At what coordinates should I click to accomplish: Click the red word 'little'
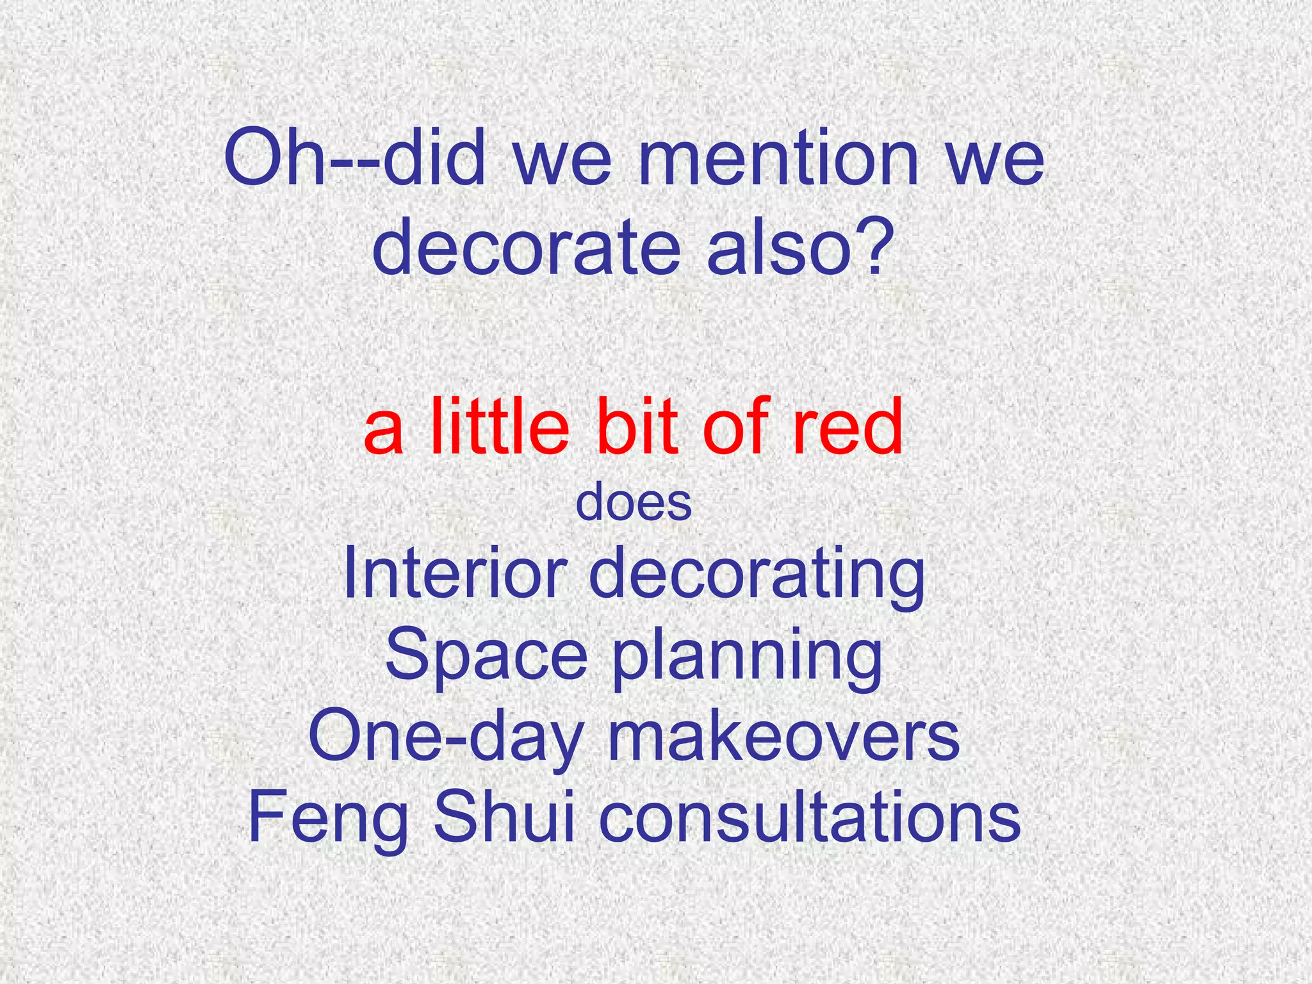click(x=500, y=425)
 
